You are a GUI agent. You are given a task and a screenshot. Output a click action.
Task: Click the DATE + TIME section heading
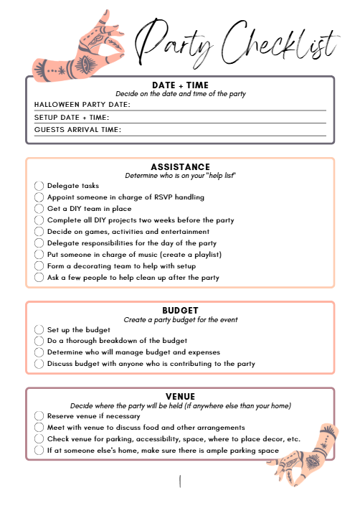click(x=180, y=85)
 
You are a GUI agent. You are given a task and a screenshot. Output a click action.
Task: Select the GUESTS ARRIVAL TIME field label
click(x=77, y=130)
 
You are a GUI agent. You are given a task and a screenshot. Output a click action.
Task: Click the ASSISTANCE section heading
click(x=180, y=167)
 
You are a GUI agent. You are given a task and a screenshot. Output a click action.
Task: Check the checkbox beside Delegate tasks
click(x=39, y=186)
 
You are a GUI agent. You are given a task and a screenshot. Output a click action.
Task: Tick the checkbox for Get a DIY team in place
click(x=39, y=209)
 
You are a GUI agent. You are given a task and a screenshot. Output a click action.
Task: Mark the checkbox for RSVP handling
click(x=39, y=197)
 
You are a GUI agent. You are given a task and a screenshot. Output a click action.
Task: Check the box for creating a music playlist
click(x=39, y=255)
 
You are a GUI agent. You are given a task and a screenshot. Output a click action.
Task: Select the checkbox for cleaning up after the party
click(x=39, y=278)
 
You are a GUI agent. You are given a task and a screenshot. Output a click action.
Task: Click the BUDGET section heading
click(x=180, y=311)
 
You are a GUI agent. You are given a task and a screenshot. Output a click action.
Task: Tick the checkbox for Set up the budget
click(x=39, y=329)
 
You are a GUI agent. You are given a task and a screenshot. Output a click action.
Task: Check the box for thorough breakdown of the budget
click(x=39, y=341)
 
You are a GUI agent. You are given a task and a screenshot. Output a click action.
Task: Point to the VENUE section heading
click(x=180, y=396)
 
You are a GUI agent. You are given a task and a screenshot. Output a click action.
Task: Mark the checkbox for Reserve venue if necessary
click(x=39, y=415)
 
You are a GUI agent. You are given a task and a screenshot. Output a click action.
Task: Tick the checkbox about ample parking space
click(x=39, y=451)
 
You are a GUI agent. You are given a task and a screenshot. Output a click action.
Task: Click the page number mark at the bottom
click(x=180, y=481)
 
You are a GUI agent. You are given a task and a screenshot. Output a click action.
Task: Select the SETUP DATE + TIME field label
click(x=71, y=118)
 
